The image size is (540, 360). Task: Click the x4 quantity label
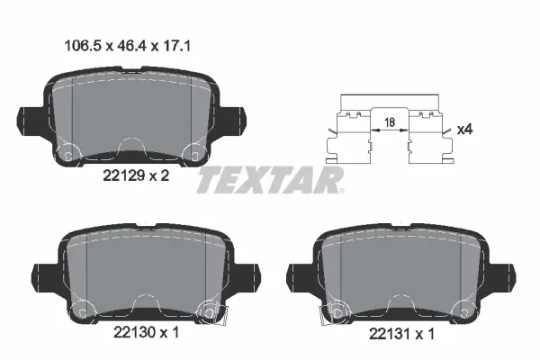tap(465, 130)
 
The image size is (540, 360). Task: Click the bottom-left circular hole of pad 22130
tap(82, 310)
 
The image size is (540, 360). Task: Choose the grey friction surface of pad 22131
tap(400, 270)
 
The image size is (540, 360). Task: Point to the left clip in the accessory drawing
tap(352, 135)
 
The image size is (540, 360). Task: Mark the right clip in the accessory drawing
tap(428, 135)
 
